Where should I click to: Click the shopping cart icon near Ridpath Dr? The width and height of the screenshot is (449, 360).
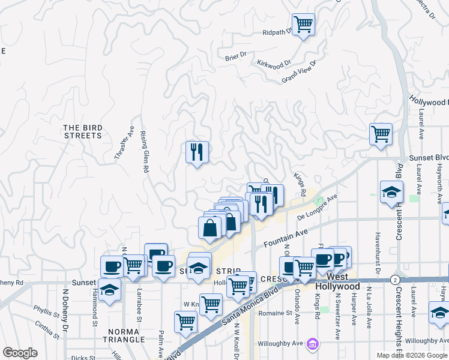pyautogui.click(x=303, y=24)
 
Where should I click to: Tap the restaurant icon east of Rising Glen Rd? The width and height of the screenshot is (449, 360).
pyautogui.click(x=197, y=152)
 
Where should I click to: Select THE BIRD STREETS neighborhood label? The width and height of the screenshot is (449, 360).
pyautogui.click(x=83, y=131)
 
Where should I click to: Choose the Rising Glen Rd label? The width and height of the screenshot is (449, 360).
pyautogui.click(x=143, y=152)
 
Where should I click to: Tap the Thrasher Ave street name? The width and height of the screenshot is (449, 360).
pyautogui.click(x=124, y=143)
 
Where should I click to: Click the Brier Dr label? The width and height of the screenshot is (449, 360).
pyautogui.click(x=236, y=57)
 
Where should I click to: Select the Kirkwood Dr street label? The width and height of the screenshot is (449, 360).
pyautogui.click(x=274, y=63)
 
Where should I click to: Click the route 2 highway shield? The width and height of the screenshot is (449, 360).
pyautogui.click(x=394, y=280)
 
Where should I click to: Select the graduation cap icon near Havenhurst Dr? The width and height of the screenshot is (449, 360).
pyautogui.click(x=391, y=192)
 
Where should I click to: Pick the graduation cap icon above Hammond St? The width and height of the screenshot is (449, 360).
pyautogui.click(x=110, y=290)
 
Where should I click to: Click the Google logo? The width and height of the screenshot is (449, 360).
pyautogui.click(x=20, y=353)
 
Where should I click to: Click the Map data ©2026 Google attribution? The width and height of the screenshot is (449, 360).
pyautogui.click(x=411, y=355)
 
